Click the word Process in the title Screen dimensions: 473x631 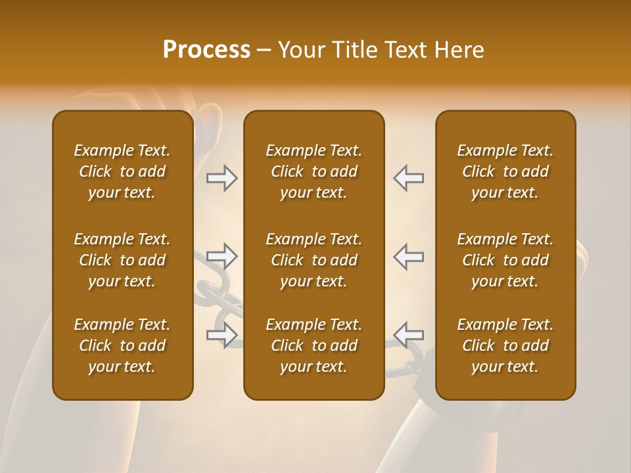coord(206,50)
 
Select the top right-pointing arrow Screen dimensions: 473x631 coord(222,178)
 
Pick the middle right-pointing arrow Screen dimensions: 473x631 coord(222,256)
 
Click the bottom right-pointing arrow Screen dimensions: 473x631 coord(222,334)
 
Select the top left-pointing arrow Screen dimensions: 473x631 coord(408,178)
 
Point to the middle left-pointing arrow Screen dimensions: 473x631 coord(408,256)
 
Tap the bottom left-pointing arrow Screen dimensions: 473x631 coord(408,334)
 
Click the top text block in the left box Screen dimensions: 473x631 coord(122,171)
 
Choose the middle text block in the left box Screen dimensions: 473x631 coord(122,260)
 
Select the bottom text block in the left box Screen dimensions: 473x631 coord(122,346)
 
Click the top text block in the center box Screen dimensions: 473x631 coord(314,171)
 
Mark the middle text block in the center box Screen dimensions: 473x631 coord(314,260)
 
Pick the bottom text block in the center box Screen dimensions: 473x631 coord(314,346)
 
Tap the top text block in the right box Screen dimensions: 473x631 coord(505,171)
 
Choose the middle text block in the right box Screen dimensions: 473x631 coord(505,260)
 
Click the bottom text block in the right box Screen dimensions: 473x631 coord(505,346)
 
